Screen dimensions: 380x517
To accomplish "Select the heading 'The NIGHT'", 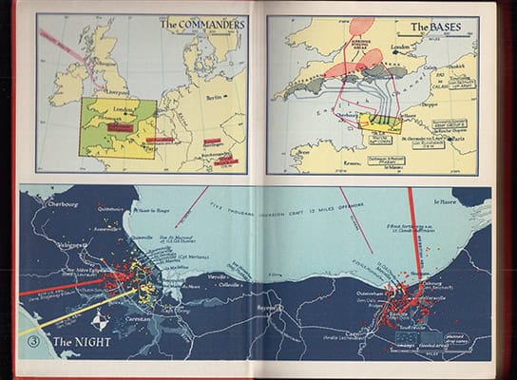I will click(x=81, y=343).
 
